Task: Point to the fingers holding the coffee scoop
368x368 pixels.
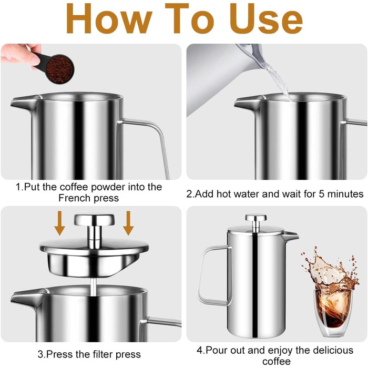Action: coord(21,56)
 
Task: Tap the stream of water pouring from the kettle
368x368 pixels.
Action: coord(279,81)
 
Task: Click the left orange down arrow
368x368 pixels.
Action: coord(59,223)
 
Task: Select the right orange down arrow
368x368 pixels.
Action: coord(128,223)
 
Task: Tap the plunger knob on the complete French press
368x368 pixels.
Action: coord(256,218)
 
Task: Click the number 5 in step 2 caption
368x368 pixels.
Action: coord(321,194)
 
